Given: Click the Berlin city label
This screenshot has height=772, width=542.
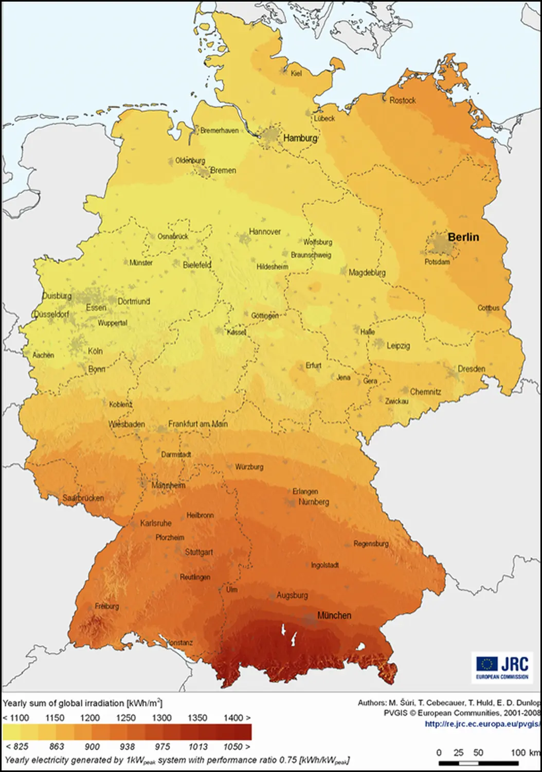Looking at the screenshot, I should [x=463, y=237].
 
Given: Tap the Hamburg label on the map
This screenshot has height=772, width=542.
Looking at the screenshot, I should [x=300, y=138].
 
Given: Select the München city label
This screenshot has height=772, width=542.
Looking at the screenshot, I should [x=334, y=616].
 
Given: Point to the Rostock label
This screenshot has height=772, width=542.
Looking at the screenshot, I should [x=402, y=100].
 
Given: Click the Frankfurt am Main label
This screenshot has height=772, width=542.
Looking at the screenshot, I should [x=198, y=424].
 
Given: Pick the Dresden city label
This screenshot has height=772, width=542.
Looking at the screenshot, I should [x=471, y=369].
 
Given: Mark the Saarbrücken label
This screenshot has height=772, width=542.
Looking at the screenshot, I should [x=83, y=498].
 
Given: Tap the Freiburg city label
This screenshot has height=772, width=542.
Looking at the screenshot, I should [x=107, y=606].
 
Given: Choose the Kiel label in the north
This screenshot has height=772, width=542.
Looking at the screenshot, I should [x=296, y=74].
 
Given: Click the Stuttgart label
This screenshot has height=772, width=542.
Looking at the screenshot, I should [x=198, y=552].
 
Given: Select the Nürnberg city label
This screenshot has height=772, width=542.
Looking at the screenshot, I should [x=314, y=502].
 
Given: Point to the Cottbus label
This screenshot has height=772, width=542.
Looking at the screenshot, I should [x=488, y=308].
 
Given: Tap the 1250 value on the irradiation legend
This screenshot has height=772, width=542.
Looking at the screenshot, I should [x=125, y=718].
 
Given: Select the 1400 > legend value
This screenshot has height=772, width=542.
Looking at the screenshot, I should [x=237, y=718].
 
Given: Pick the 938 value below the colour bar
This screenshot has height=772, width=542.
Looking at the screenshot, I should [x=127, y=747].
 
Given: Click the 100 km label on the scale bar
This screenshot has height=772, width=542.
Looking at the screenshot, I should [x=525, y=752].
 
